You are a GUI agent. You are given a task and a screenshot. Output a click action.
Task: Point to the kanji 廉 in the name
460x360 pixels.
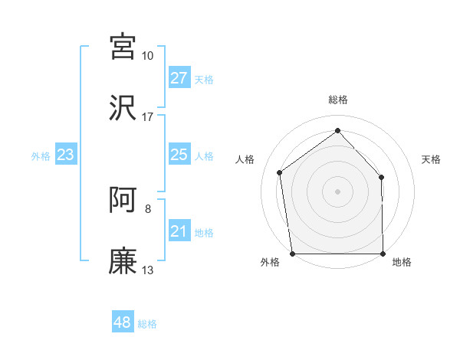coord(123,260)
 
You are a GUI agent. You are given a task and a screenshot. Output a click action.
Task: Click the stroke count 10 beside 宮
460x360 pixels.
coord(147,56)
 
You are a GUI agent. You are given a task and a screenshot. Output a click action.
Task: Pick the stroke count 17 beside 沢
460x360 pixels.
coord(147,117)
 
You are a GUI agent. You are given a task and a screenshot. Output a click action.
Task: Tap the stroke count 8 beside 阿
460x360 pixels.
coord(147,208)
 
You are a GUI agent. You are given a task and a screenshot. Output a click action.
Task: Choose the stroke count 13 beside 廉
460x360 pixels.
coord(147,270)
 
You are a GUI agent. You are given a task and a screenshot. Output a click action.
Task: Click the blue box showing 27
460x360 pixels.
coord(179,78)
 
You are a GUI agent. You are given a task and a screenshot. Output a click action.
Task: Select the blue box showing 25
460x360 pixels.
coord(179,155)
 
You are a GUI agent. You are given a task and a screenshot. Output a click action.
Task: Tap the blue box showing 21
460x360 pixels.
coord(179,231)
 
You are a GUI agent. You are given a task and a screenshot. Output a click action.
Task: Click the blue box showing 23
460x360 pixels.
coord(66,155)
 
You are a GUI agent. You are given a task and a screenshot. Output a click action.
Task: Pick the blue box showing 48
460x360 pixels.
coord(122,322)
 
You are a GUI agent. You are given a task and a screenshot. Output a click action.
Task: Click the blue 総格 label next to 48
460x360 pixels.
coord(147,324)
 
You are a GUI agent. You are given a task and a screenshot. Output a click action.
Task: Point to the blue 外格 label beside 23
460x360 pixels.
coord(41,156)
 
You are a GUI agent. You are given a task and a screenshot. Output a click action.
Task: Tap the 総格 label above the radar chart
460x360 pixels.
coord(337,100)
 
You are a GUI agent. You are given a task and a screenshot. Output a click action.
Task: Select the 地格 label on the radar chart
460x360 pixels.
coord(402,262)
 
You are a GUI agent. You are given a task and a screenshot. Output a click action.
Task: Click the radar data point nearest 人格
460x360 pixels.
coord(280,172)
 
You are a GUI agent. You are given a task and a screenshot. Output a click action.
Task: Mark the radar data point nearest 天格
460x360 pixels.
coord(382,177)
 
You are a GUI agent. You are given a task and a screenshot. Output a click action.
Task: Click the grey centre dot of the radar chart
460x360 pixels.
coord(337,191)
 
